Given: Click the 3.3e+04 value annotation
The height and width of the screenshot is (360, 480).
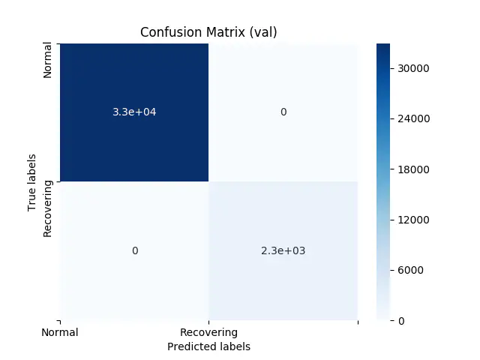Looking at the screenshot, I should (134, 112).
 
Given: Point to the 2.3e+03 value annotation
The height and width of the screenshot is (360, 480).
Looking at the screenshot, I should (283, 250).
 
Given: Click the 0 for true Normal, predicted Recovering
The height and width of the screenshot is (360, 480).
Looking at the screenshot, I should (283, 112).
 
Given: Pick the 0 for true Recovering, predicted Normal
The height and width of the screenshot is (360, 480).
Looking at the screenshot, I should (134, 250).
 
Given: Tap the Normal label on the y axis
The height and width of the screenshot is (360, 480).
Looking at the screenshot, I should (48, 61).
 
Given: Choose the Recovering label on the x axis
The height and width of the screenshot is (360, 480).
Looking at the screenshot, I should (208, 332).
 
